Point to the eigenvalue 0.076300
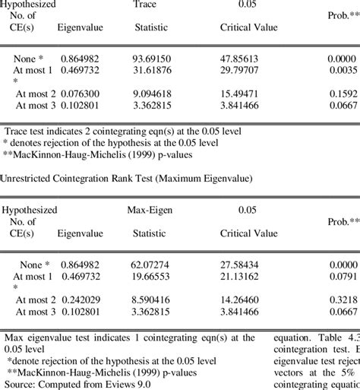click(x=75, y=94)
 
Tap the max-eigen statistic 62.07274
click(x=151, y=265)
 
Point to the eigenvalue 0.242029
click(x=75, y=301)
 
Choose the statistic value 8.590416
click(x=151, y=301)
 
